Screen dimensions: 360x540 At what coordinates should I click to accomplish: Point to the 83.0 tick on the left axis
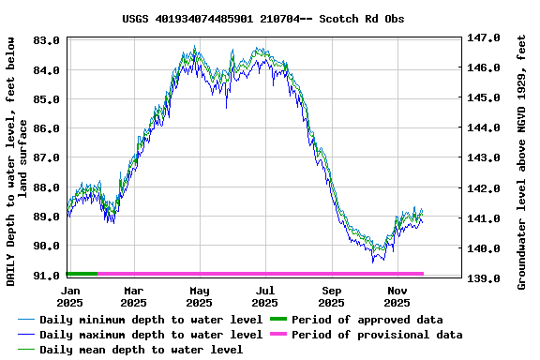pyautogui.click(x=48, y=40)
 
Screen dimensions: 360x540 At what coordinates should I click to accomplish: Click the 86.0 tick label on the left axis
pyautogui.click(x=48, y=127)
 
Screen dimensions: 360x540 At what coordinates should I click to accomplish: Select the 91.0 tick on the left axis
pyautogui.click(x=48, y=275)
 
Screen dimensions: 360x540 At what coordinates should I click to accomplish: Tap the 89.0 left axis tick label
pyautogui.click(x=48, y=217)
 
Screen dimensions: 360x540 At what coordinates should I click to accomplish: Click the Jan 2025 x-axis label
pyautogui.click(x=69, y=296)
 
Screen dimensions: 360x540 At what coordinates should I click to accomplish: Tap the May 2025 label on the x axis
pyautogui.click(x=199, y=296)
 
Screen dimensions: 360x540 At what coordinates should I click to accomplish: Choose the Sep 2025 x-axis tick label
pyautogui.click(x=331, y=296)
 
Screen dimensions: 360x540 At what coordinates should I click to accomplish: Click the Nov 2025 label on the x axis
pyautogui.click(x=397, y=296)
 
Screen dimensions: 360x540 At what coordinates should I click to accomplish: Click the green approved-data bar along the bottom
pyautogui.click(x=82, y=274)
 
